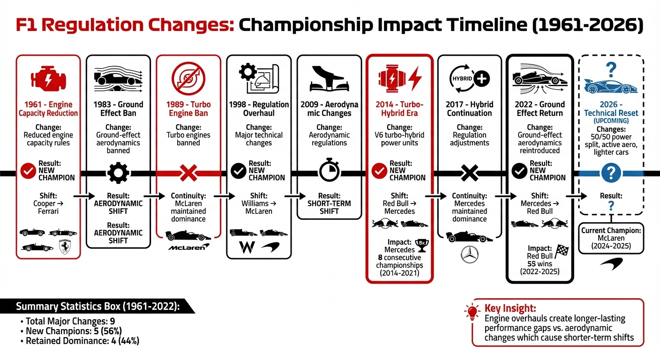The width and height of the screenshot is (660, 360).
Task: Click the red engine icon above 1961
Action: [48, 78]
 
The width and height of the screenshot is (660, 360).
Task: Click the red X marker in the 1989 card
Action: [188, 173]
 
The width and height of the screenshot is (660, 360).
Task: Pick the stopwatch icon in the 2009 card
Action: [329, 172]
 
